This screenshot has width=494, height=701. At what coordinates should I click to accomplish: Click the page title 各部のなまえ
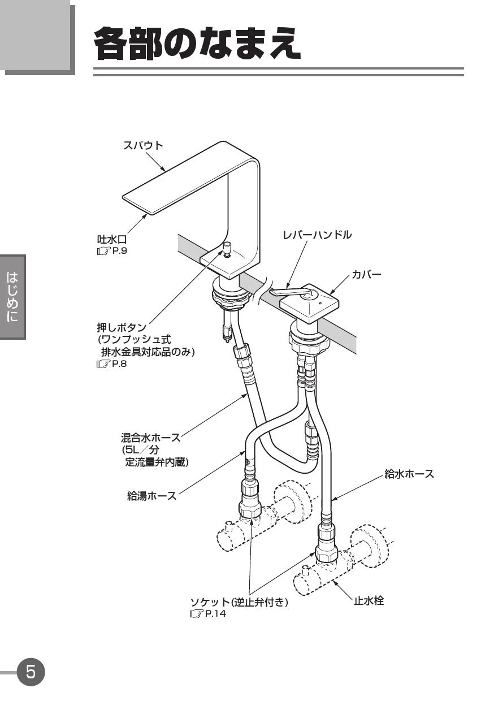(197, 44)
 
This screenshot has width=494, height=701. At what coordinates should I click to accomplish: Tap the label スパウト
(143, 145)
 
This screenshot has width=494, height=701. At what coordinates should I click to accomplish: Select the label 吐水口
(112, 240)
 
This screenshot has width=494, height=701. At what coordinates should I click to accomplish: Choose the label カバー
(366, 274)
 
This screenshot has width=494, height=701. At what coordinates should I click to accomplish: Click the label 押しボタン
(122, 328)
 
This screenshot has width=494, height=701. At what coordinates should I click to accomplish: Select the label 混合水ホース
(150, 437)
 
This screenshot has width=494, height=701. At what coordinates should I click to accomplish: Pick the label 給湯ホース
(151, 496)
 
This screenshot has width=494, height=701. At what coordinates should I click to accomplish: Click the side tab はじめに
(12, 297)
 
